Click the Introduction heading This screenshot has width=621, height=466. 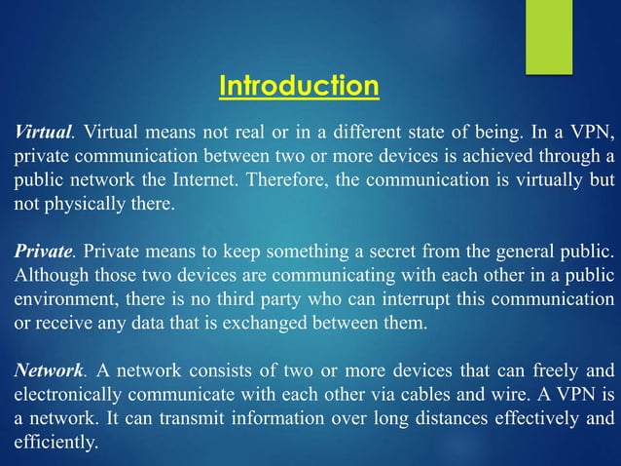[x=298, y=87]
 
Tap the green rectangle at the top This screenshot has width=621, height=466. [x=549, y=35]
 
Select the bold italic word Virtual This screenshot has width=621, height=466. [x=40, y=132]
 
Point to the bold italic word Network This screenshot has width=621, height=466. [x=47, y=370]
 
